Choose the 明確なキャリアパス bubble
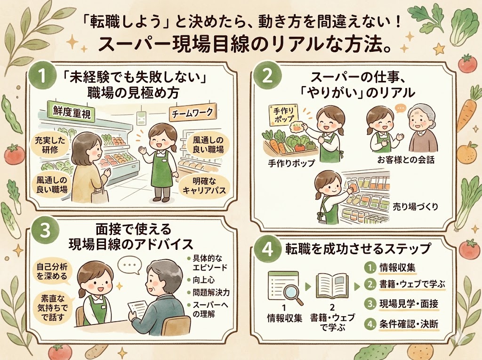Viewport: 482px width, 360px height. (x=201, y=186)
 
